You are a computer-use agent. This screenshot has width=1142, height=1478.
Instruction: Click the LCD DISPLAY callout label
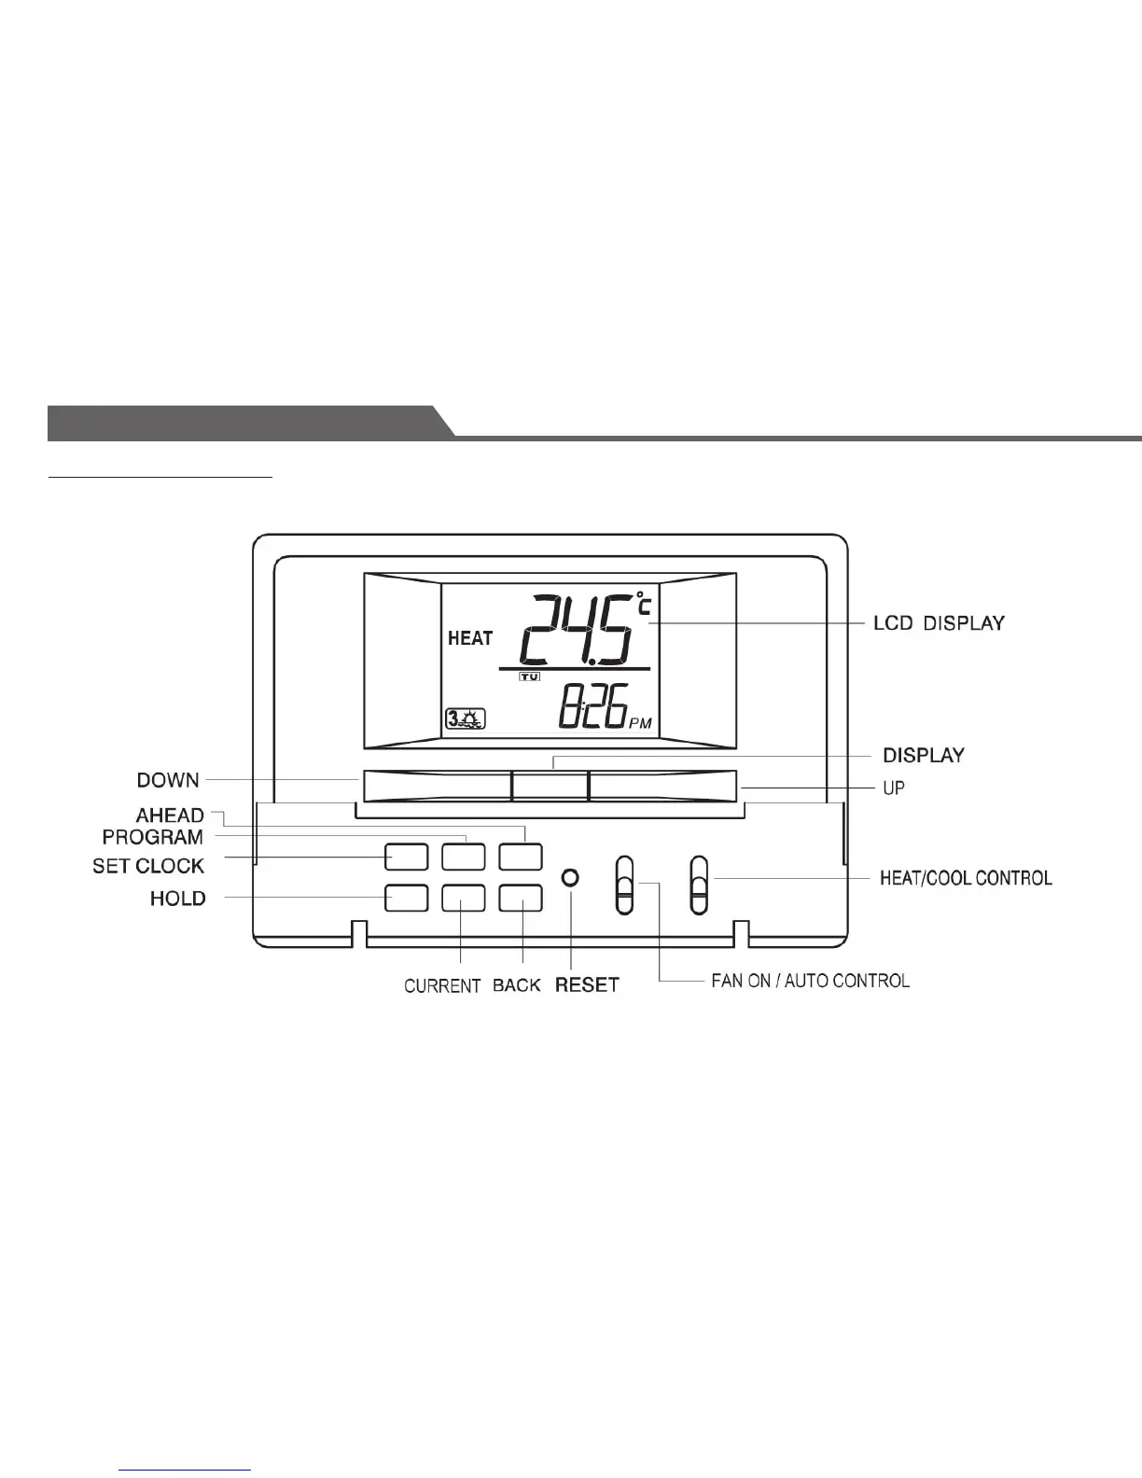click(939, 622)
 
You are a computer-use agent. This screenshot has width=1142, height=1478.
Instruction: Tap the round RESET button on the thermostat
click(571, 878)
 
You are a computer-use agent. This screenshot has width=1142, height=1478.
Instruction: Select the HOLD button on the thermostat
click(406, 898)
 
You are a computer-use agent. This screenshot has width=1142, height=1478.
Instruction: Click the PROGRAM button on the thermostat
click(464, 857)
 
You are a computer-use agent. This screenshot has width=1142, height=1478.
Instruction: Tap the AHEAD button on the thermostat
click(521, 857)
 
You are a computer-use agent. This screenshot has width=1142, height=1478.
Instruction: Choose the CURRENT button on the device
click(464, 898)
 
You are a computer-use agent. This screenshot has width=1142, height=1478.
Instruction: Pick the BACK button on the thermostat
click(521, 898)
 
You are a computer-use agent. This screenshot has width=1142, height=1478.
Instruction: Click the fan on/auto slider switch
click(624, 885)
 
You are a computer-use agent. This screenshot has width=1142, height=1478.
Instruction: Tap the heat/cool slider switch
click(699, 885)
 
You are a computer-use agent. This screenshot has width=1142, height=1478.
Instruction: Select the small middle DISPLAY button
click(550, 786)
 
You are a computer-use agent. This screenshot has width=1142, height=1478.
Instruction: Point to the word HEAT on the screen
click(470, 639)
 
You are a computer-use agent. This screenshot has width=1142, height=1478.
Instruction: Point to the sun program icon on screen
click(466, 719)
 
